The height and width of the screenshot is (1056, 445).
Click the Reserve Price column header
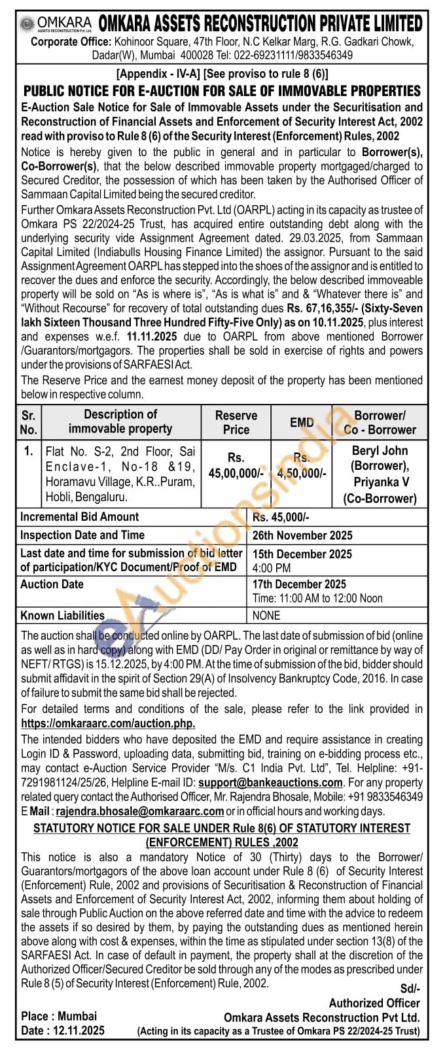coord(236,422)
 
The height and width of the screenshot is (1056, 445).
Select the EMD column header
coord(302,422)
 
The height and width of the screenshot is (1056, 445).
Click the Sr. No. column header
coord(29,422)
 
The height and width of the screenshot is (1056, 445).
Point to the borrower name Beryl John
coord(380,451)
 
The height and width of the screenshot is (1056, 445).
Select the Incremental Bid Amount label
coord(79,517)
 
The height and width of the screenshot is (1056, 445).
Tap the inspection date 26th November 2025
coord(302,535)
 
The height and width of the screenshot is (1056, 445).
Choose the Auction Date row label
coord(52,584)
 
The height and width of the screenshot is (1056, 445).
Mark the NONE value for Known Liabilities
coord(266,616)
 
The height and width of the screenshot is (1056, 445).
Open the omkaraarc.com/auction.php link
coord(108,723)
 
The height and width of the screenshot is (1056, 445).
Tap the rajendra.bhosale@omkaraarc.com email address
coord(140,811)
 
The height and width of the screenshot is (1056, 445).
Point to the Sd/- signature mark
coord(410,989)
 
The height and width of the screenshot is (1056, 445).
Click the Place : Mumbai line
coord(58,1016)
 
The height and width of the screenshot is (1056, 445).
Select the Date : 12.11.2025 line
coord(62,1031)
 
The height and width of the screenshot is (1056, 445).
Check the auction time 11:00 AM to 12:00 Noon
coord(317,599)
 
